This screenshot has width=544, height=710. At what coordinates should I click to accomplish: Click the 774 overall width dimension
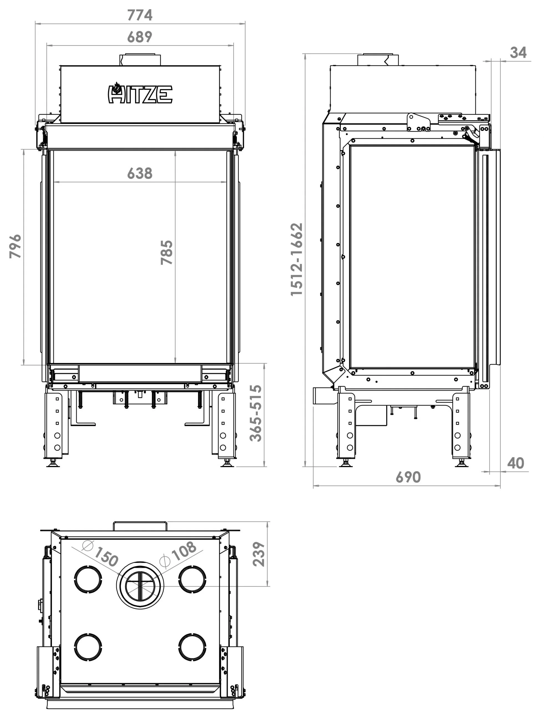[x=140, y=15]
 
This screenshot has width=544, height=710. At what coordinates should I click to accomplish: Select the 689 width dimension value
[x=140, y=37]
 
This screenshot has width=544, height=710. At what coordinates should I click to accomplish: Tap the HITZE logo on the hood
[x=140, y=93]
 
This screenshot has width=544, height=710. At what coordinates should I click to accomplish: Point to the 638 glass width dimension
[x=140, y=174]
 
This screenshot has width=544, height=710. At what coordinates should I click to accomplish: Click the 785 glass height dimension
[x=167, y=253]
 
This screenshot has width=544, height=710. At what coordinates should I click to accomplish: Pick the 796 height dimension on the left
[x=15, y=247]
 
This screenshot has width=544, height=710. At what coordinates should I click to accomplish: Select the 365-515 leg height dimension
[x=256, y=414]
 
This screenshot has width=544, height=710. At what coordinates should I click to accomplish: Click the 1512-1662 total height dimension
[x=296, y=259]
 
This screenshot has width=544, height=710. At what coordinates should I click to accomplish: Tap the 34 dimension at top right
[x=518, y=52]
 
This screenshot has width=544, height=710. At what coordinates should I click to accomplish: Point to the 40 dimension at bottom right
[x=515, y=463]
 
